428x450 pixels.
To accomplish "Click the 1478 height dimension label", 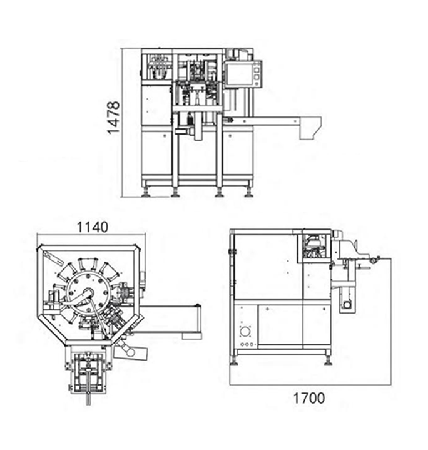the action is (114, 118).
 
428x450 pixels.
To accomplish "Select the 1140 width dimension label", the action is (93, 227).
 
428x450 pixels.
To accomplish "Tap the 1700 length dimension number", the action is (308, 398).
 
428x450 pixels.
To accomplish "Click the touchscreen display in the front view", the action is (238, 74).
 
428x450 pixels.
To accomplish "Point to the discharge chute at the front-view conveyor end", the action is (310, 128).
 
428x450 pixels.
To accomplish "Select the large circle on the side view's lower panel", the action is (245, 332).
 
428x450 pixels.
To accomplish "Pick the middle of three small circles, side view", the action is (247, 344).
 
